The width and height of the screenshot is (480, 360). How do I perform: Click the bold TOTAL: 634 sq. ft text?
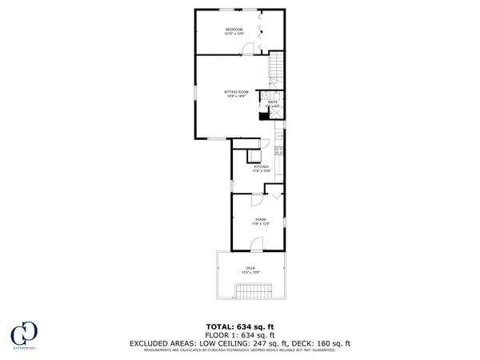(x=240, y=327)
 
